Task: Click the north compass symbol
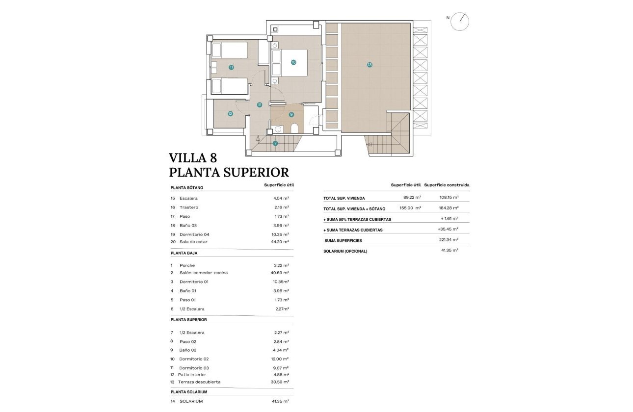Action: coord(460,21)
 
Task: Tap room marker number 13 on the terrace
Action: coord(369,64)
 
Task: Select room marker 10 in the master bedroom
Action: coord(293,62)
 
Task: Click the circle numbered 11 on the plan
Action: coord(231,67)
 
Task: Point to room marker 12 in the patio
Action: coord(230,113)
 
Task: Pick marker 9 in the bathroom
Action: coord(291,114)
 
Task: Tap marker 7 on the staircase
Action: coord(275,143)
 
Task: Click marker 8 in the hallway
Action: coord(260,104)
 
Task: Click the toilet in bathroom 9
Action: coord(294,129)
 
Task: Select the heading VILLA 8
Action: coord(193,158)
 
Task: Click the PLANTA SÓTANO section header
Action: coord(187,187)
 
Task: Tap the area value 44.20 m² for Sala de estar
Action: coord(281,242)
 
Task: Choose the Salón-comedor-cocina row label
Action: coord(204,273)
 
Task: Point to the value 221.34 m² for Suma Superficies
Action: coord(448,240)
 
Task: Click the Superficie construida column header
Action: coord(447,185)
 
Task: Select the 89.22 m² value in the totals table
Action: coord(411,198)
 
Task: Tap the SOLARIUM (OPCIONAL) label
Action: coord(345,251)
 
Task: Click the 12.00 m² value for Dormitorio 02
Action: coord(281,359)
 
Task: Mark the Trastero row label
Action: coord(189,207)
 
